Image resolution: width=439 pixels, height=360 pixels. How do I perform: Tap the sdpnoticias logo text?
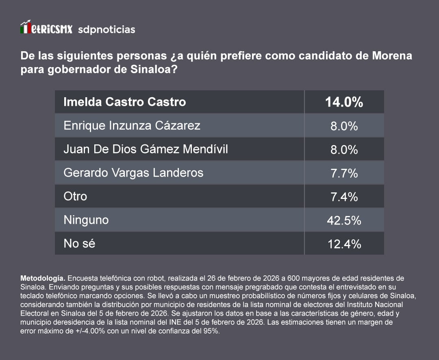106,30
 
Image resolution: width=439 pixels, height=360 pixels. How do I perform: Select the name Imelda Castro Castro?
124,102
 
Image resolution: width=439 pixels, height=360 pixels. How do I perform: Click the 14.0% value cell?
344,102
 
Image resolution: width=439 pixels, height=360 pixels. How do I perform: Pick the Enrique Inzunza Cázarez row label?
132,125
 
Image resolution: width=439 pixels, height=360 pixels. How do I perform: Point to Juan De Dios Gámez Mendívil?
146,149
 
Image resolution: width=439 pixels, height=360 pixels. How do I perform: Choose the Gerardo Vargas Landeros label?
133,172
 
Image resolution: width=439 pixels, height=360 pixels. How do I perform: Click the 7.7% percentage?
344,173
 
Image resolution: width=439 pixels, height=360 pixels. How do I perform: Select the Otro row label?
75,196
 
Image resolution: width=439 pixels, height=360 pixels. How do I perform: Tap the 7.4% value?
344,197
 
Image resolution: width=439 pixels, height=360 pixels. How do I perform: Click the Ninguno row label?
86,220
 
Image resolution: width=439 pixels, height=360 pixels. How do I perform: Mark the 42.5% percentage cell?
344,220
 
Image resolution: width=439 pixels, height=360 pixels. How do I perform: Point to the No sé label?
79,244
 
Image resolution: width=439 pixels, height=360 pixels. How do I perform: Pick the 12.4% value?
344,244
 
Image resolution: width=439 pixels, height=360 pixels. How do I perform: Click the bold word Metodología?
43,279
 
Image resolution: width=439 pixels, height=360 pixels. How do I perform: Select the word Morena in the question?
392,55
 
